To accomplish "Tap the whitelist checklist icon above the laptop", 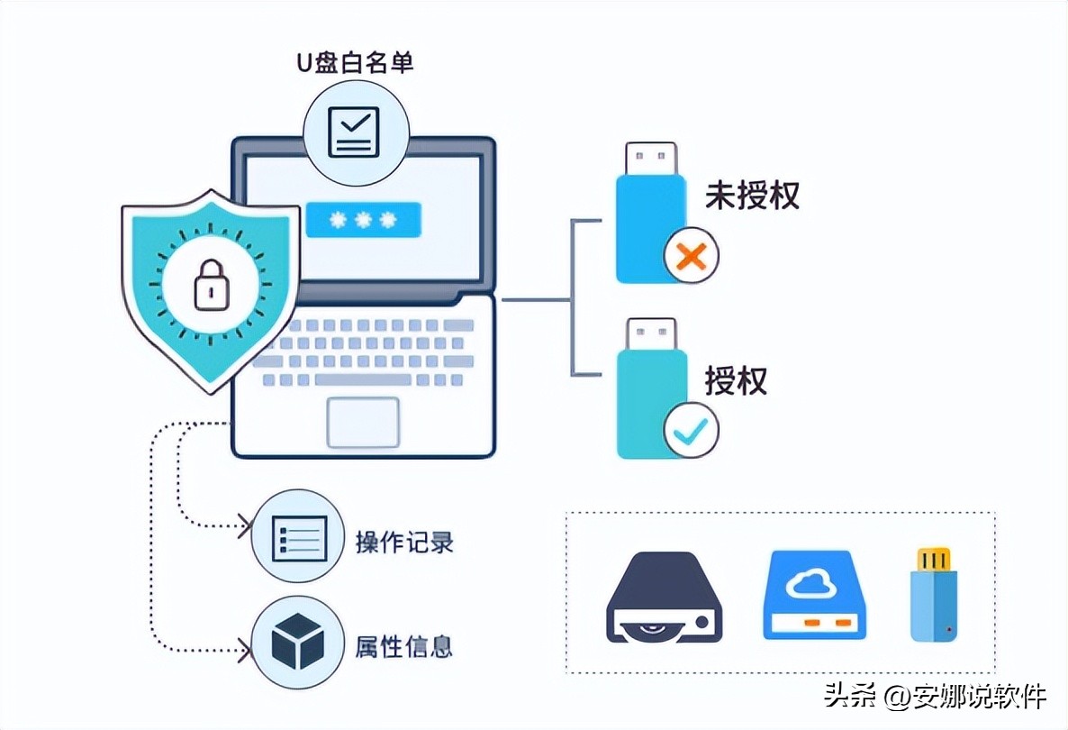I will (354, 132).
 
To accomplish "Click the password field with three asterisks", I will (363, 220).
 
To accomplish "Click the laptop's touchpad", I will (363, 421).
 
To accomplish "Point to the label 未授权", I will (752, 195).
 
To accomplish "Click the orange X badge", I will (691, 258).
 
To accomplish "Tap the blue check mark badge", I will (691, 431).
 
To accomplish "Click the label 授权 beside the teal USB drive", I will (736, 379).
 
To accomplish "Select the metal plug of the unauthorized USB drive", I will (650, 158).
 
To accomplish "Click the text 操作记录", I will (404, 543).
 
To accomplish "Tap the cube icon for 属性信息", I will (298, 642).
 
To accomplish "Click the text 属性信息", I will (404, 646).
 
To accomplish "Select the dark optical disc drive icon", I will (665, 597).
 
